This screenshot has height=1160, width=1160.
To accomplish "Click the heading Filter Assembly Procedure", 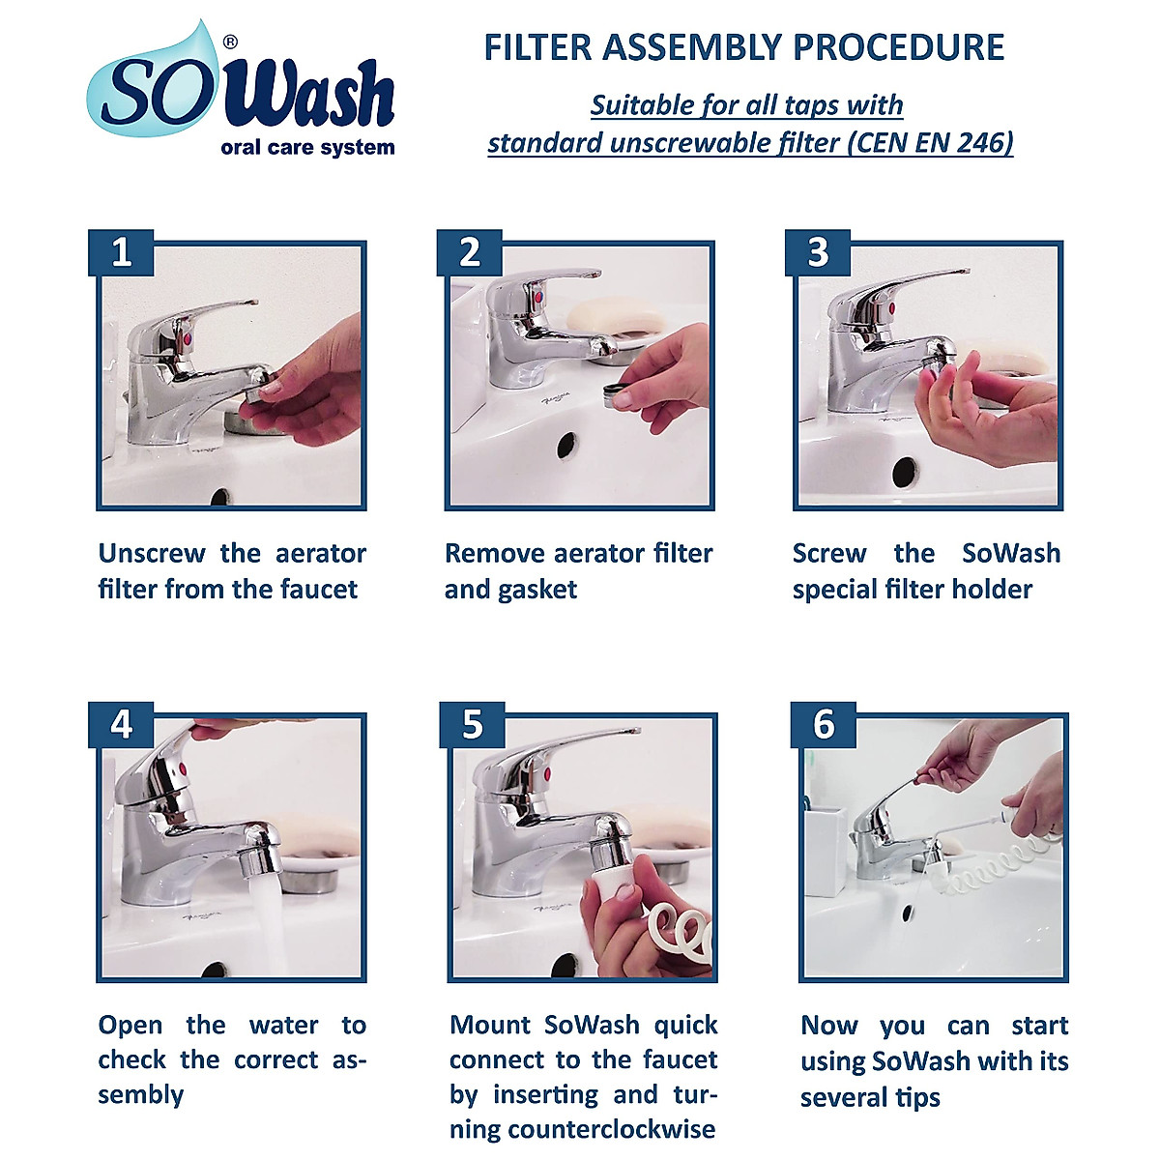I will click(743, 47).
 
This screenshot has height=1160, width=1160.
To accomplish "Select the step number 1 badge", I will click(121, 252).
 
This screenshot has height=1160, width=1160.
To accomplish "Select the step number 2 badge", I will click(469, 252).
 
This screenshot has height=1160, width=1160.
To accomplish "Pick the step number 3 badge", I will click(818, 252).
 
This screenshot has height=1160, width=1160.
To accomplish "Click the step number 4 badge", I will click(121, 724).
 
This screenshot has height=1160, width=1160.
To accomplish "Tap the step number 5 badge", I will click(472, 724).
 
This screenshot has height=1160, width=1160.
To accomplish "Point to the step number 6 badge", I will click(824, 724).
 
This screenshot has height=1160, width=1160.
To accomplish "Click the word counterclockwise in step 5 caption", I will click(612, 1129).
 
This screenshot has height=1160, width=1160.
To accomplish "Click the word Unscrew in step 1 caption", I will click(152, 554).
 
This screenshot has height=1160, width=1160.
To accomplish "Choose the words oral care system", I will click(307, 148).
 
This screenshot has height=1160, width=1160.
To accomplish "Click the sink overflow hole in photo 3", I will click(904, 472).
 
